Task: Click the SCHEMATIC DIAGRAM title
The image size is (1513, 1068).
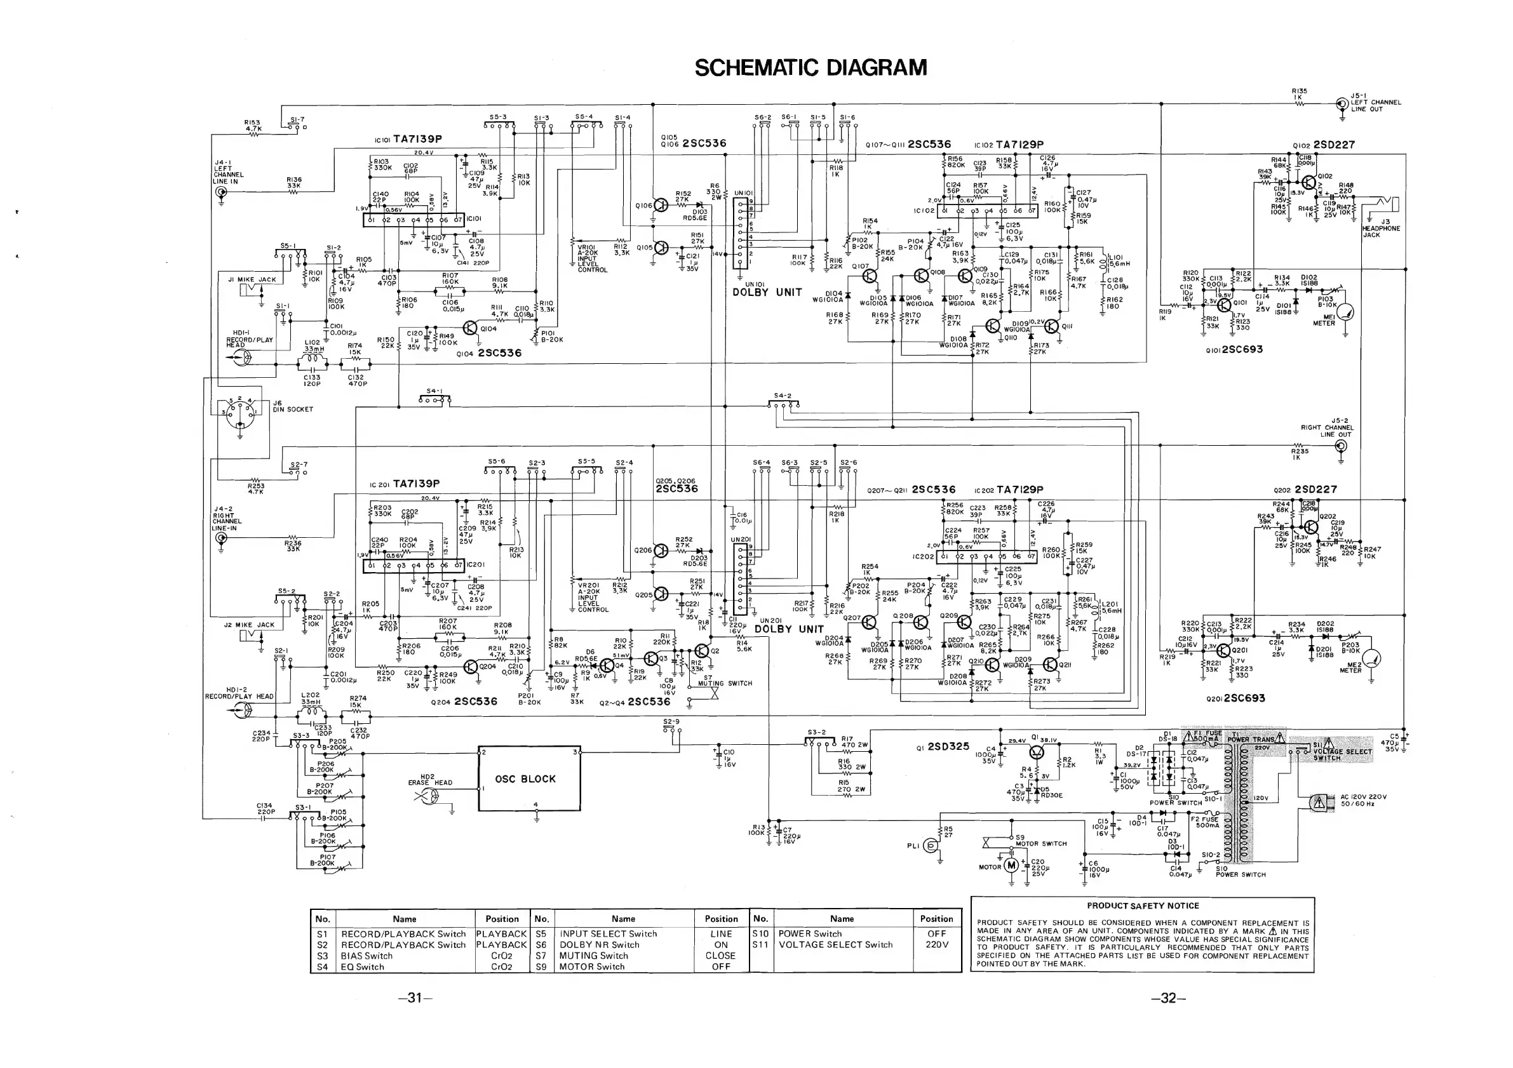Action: [810, 68]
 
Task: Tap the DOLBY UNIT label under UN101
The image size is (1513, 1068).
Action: [767, 293]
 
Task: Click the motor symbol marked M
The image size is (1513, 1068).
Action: [1011, 865]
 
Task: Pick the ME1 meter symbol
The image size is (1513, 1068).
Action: [1345, 313]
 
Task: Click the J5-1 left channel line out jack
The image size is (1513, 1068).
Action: [1342, 103]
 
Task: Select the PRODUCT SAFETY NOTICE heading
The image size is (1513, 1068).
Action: [1143, 906]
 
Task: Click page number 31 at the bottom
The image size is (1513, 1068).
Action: [415, 998]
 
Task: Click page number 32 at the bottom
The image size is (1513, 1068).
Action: [1168, 998]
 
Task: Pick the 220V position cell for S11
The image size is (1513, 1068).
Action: [936, 945]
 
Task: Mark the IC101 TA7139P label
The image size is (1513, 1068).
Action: [408, 140]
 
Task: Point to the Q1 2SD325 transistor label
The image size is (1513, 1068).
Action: [943, 747]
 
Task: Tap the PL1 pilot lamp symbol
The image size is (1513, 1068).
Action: [931, 845]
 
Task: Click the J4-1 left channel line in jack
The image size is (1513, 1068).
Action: [221, 192]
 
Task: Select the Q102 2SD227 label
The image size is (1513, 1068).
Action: [1324, 145]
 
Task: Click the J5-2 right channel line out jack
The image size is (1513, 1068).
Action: [1340, 446]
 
